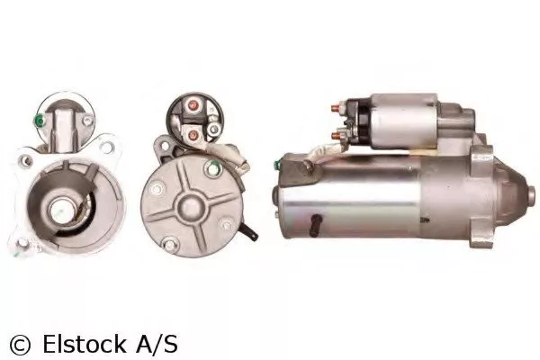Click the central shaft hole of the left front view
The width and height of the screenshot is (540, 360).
[x=64, y=211]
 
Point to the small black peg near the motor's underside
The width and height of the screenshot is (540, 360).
[x=317, y=219]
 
